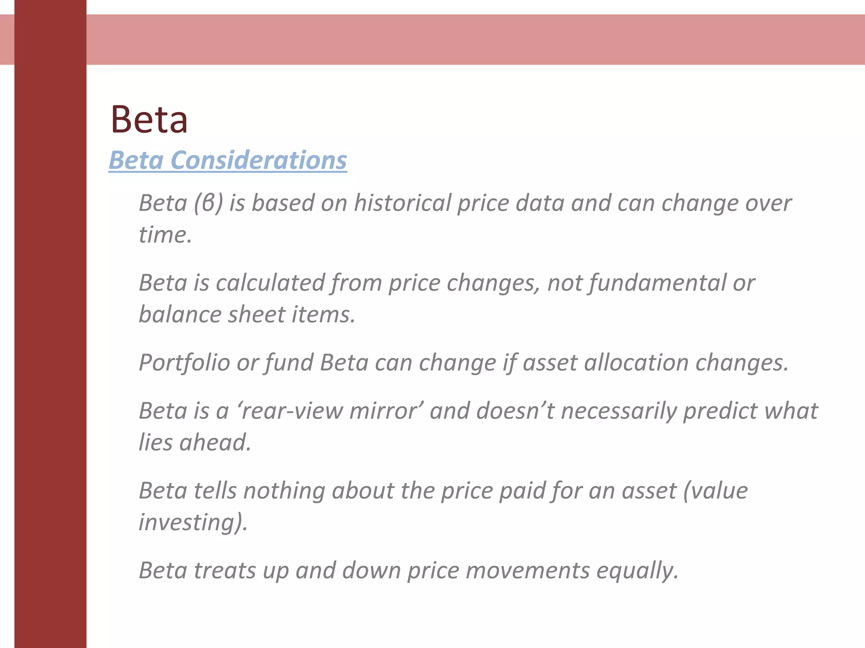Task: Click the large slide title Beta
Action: [149, 120]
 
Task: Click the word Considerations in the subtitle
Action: [258, 160]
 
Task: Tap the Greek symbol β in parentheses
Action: [209, 203]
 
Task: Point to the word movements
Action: [528, 570]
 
